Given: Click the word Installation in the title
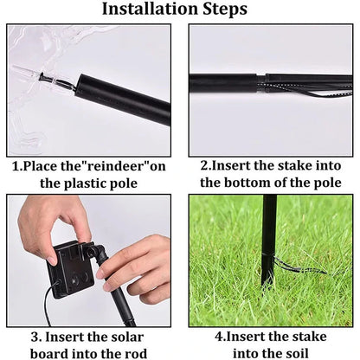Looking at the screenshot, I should [x=150, y=10].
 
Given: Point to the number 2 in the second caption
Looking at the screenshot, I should [x=205, y=165].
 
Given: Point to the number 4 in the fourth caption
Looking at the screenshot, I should [x=220, y=336].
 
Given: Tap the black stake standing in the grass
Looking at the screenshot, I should [x=269, y=242].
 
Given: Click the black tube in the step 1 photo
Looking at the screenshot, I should [x=121, y=97].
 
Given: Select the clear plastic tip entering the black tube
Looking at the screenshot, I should [x=48, y=80].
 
